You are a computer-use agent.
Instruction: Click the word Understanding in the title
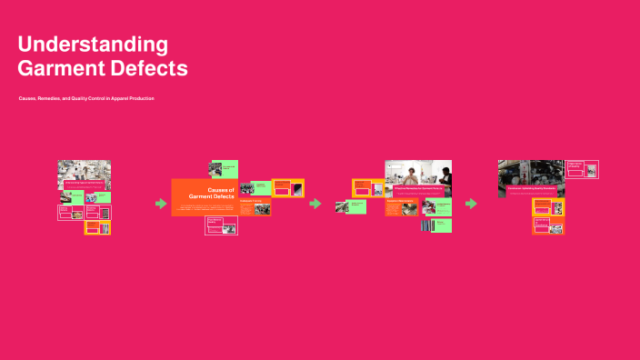coord(93,45)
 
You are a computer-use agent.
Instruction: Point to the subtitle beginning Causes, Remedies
coord(86,98)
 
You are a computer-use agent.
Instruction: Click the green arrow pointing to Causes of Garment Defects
coord(161,204)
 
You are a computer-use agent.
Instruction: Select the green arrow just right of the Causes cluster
coord(315,204)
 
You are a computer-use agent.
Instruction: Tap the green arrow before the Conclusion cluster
coord(471,204)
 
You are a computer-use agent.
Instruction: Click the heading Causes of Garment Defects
coord(209,193)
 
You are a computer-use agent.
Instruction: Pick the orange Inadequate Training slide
coord(255,206)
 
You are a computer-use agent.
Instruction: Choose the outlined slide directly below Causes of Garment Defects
coord(221,226)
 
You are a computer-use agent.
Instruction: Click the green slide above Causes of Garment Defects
coord(224,169)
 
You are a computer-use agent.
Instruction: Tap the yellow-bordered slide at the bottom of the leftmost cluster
coord(97,228)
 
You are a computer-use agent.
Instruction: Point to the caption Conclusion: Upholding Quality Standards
coord(531,188)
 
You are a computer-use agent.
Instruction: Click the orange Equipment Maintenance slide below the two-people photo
coord(403,207)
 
